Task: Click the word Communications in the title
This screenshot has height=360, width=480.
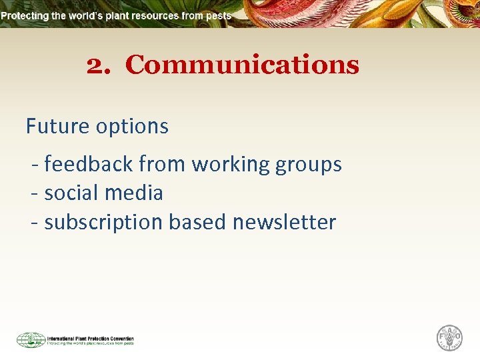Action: click(x=242, y=65)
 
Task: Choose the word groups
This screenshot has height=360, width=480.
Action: click(x=309, y=165)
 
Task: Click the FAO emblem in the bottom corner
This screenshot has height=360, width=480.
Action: click(x=449, y=338)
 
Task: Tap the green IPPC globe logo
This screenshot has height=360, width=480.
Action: click(x=31, y=340)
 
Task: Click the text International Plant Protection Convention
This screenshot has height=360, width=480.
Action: click(x=90, y=338)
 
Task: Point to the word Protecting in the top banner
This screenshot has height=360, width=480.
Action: click(x=29, y=15)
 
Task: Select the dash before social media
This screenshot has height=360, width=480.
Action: click(x=34, y=194)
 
